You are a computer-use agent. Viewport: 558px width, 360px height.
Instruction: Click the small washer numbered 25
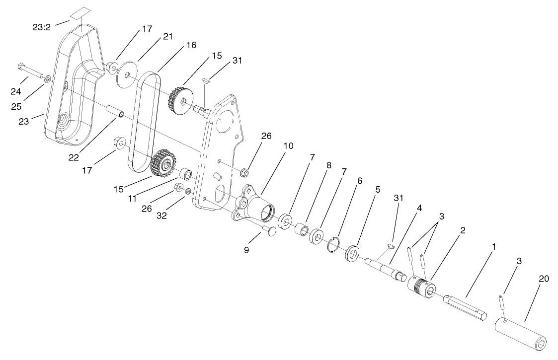coord(47,79)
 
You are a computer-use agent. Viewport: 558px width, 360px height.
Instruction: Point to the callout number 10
coord(288,146)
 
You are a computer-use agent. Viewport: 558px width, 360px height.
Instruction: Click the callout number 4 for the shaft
coord(419,209)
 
